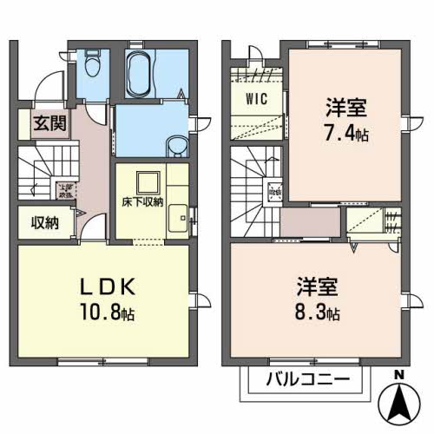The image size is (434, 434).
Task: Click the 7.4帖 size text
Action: (x=346, y=135)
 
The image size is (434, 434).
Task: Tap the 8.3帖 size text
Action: (x=322, y=310)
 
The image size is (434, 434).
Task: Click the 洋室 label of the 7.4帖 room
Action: (x=345, y=110)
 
